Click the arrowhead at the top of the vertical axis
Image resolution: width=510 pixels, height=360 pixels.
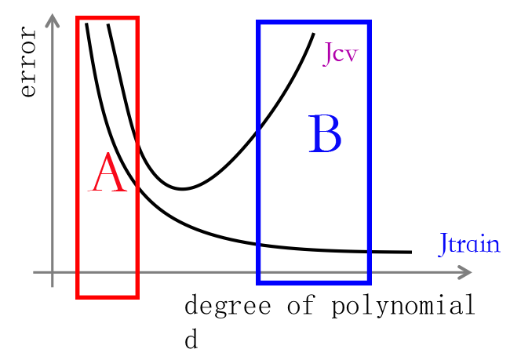coord(53,19)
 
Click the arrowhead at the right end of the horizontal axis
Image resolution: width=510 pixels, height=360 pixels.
coord(466,272)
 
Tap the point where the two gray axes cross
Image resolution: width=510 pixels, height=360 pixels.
coord(53,272)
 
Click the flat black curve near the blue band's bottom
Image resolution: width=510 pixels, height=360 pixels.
coord(314,249)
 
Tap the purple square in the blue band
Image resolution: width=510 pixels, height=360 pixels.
coord(338,54)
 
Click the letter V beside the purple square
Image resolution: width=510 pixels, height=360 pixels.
coord(352,56)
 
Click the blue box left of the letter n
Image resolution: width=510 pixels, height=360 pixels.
coord(463,245)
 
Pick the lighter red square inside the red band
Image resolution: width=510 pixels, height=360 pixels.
coord(107,172)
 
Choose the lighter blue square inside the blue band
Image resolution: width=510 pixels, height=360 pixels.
coord(326,133)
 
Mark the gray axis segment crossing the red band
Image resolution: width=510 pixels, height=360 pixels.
coord(107,272)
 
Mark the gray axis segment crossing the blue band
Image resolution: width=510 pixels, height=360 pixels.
coord(314,272)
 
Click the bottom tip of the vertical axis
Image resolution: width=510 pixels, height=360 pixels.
coord(53,286)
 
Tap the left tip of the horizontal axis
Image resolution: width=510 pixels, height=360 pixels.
coord(34,272)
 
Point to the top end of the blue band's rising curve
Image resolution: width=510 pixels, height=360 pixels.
coord(314,35)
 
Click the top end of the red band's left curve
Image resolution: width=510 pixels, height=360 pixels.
coord(86,25)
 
